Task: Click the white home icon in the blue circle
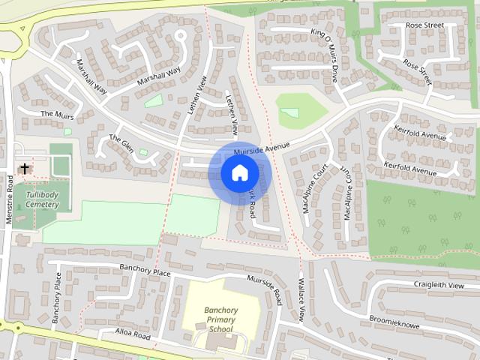tap(239, 173)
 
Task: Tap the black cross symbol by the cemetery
tap(25, 168)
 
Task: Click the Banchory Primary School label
tap(221, 319)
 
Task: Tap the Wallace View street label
tap(301, 300)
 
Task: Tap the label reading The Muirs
tap(58, 114)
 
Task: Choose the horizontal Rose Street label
tap(424, 25)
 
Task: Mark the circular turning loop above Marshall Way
tap(180, 34)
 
